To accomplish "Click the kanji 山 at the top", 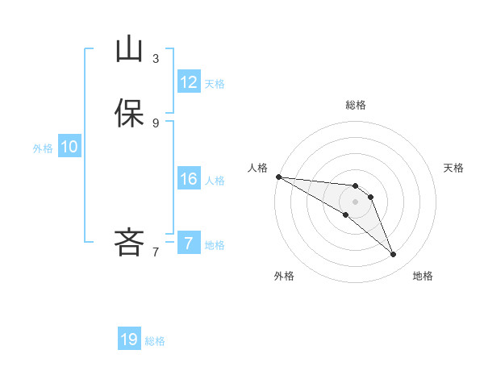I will point(129,50).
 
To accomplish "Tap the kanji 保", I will point(129,113).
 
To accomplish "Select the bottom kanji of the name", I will point(129,241).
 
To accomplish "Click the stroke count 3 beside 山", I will point(156,59).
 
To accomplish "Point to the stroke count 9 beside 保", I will point(156,123).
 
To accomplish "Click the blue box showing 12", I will point(189,82).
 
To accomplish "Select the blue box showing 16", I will point(189,179).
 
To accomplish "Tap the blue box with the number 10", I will point(69,147).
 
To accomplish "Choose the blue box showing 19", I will point(129,339).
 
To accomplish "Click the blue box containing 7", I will point(189,244).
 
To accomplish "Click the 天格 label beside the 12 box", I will point(215,84).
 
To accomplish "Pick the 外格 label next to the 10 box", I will point(43,148).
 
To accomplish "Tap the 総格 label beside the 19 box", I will point(155,341).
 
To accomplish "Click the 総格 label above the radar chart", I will point(355,105).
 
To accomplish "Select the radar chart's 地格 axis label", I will point(423,277).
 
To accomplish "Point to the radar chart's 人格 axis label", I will point(257,167).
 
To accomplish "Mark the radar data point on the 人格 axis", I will point(278,176).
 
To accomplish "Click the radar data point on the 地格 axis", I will point(393,254).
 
